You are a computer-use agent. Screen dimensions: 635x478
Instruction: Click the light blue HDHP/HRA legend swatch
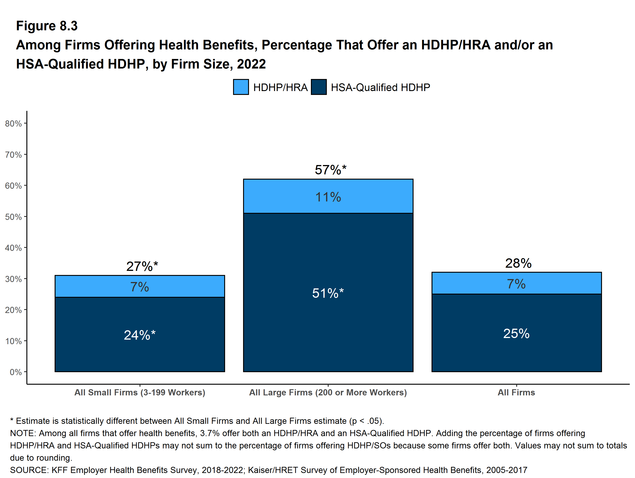(241, 87)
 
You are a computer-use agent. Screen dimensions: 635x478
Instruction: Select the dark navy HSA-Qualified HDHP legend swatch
(319, 87)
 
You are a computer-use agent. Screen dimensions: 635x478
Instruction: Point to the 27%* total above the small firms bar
(142, 266)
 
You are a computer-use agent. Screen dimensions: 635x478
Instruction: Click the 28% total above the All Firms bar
(518, 263)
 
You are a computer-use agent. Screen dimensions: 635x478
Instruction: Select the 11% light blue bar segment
(328, 196)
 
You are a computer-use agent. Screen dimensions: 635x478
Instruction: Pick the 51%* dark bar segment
(328, 292)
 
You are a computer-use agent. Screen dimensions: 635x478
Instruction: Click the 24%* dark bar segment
(140, 334)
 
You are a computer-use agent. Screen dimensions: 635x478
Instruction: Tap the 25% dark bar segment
(516, 333)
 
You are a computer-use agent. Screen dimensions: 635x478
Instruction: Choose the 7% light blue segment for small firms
(140, 286)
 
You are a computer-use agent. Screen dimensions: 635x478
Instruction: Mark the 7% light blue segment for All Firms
(516, 283)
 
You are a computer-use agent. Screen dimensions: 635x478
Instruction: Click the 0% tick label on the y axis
(16, 372)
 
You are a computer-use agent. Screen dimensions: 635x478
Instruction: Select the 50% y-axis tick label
(13, 217)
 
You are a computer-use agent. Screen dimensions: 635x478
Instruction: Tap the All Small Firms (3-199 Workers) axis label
(140, 392)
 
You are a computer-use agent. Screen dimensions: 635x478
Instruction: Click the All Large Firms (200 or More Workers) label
(328, 392)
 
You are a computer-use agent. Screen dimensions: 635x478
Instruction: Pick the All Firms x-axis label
(516, 392)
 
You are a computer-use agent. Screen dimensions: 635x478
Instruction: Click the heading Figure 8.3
(47, 26)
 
